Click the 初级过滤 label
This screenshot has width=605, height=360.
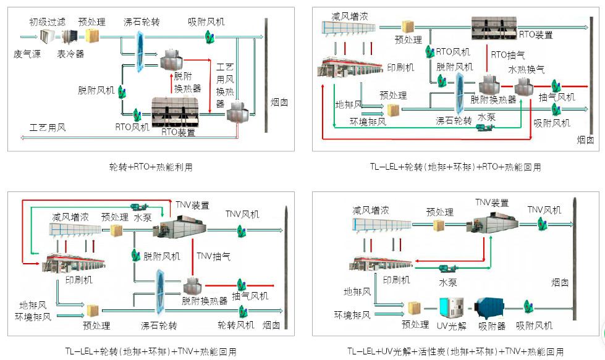click(x=48, y=22)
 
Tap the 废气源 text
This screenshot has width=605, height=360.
click(x=27, y=54)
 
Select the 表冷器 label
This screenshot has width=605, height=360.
click(x=70, y=54)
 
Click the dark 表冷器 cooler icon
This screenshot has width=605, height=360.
click(x=70, y=36)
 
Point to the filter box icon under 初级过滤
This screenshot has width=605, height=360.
click(x=48, y=36)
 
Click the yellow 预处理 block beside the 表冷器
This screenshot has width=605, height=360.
click(x=92, y=36)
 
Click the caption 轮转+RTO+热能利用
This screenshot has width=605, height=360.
click(x=151, y=167)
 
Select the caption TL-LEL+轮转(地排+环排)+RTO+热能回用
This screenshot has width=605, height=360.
click(x=455, y=167)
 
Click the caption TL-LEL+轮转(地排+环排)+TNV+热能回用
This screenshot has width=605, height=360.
click(x=151, y=351)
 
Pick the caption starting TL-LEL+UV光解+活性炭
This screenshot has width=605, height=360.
click(x=455, y=351)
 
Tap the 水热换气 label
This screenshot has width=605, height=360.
click(x=527, y=69)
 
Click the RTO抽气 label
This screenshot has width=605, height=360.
click(x=508, y=55)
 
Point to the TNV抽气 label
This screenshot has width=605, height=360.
click(x=213, y=256)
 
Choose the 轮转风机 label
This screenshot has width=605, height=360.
click(x=235, y=325)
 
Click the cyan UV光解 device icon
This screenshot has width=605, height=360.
click(x=452, y=307)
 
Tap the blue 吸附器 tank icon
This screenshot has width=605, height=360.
click(x=489, y=308)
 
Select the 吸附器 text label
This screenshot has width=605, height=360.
click(x=492, y=327)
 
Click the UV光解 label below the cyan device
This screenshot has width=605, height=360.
click(x=452, y=327)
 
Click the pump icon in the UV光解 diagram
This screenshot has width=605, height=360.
click(x=448, y=268)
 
